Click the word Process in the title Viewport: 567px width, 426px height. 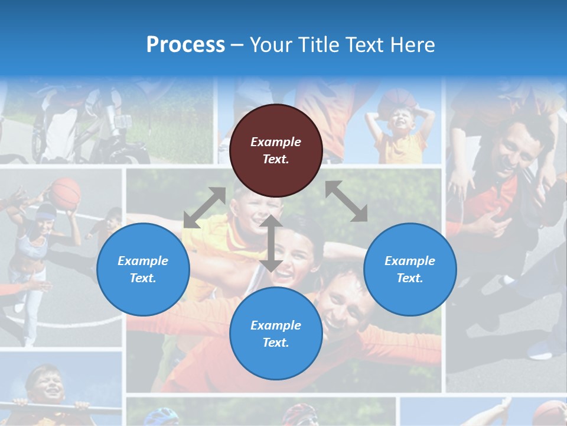(x=185, y=45)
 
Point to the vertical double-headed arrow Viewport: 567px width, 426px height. (x=271, y=243)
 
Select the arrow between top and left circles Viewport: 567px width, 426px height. (x=204, y=207)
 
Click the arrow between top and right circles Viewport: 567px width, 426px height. (x=347, y=201)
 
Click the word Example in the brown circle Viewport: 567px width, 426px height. (x=276, y=142)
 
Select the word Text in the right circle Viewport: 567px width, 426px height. (x=410, y=278)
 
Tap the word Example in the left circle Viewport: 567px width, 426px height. (x=143, y=261)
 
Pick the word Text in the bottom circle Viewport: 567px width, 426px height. (x=276, y=343)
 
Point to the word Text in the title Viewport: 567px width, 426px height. (x=362, y=45)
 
